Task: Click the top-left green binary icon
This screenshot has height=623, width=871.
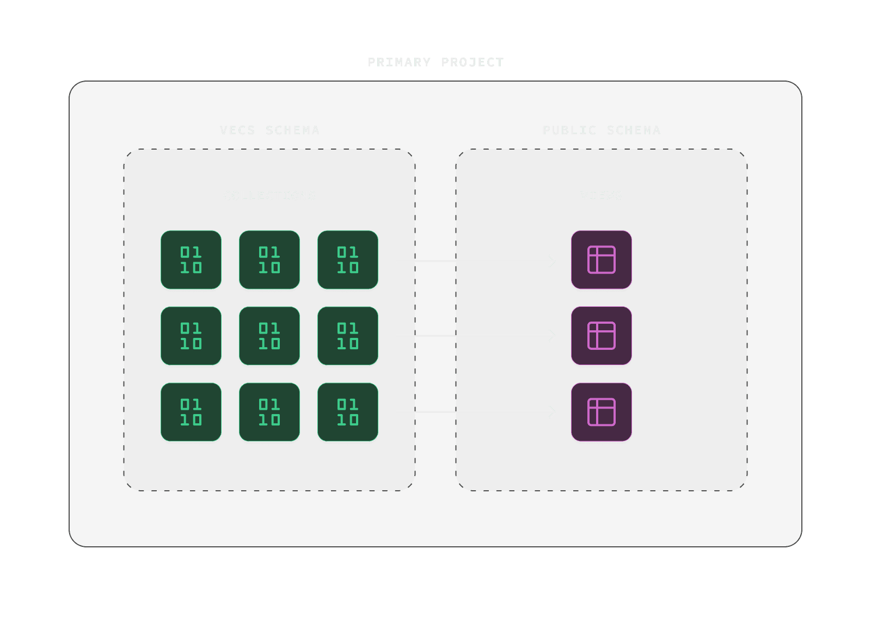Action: point(191,260)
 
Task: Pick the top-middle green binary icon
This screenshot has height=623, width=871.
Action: point(269,260)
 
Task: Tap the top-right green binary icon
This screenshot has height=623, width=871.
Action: point(348,260)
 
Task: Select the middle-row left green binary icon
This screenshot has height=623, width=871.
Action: point(191,336)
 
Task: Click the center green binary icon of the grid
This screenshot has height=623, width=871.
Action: point(269,336)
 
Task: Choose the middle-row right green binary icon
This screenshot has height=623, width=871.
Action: point(348,336)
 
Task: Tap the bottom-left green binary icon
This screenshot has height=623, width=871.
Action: point(191,412)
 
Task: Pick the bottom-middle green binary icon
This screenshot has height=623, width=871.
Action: point(269,412)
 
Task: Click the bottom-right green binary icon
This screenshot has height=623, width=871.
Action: point(348,412)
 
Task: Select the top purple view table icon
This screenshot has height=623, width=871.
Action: point(602,260)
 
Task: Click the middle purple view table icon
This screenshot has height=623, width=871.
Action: point(602,336)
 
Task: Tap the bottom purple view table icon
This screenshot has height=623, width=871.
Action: point(602,412)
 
